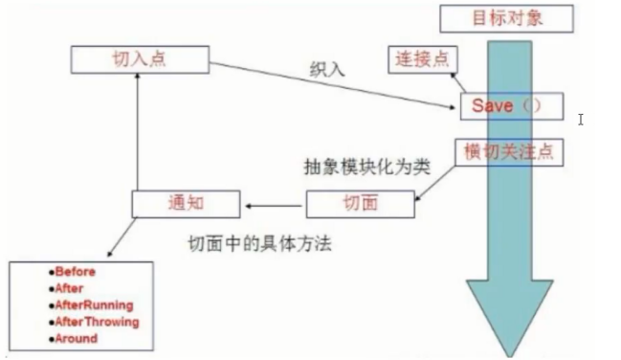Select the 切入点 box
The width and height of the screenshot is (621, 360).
[139, 59]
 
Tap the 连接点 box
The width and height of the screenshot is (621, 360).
[422, 58]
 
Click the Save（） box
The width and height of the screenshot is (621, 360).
[508, 104]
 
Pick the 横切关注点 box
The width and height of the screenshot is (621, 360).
[506, 150]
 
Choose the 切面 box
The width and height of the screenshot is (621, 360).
[360, 203]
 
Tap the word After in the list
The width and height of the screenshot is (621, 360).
[69, 288]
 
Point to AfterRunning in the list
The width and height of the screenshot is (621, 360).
[92, 304]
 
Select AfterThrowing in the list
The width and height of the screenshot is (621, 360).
[96, 322]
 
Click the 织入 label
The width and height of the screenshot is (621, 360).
[323, 70]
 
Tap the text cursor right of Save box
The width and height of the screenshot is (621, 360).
[582, 120]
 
